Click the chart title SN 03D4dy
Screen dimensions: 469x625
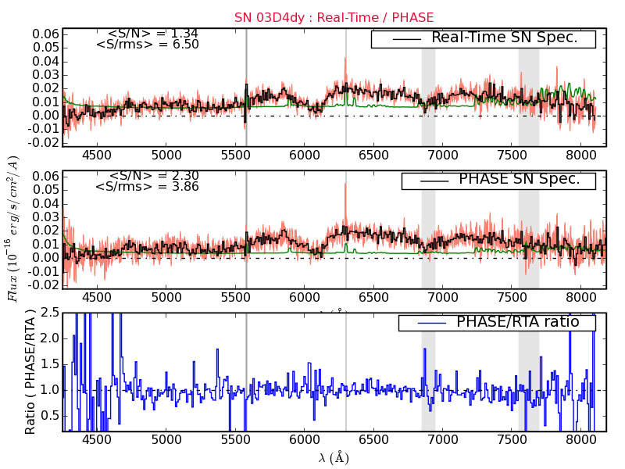[x=323, y=17]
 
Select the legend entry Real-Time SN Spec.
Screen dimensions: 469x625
[x=504, y=38]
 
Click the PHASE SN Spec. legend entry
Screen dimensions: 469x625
[x=519, y=179]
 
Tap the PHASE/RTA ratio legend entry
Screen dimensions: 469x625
[x=517, y=321]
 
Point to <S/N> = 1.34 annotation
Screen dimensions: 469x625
[x=152, y=34]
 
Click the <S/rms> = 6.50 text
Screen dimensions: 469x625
[x=147, y=45]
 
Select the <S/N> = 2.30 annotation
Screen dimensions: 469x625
[x=152, y=176]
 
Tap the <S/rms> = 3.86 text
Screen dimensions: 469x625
[x=147, y=187]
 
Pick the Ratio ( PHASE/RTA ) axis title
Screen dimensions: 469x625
[x=30, y=371]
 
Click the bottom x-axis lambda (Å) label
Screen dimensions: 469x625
[x=334, y=458]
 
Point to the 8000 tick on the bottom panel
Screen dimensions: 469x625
[x=581, y=440]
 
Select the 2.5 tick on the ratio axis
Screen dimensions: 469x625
[x=48, y=313]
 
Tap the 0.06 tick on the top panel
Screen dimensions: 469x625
[x=45, y=34]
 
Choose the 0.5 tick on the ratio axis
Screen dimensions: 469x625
[x=48, y=415]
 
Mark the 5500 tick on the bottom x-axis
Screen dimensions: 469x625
[x=235, y=440]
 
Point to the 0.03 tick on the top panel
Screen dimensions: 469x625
[x=45, y=75]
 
